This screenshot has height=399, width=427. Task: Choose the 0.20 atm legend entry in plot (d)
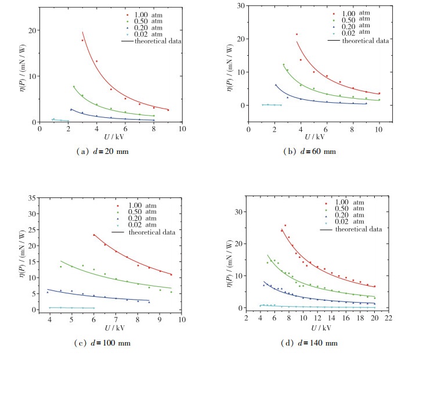pyautogui.click(x=350, y=215)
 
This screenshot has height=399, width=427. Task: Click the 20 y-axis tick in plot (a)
pyautogui.click(x=32, y=30)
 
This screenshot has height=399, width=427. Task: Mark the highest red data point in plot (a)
pyautogui.click(x=82, y=40)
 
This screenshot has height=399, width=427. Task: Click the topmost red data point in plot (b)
pyautogui.click(x=296, y=34)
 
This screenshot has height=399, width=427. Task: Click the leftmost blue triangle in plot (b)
pyautogui.click(x=276, y=85)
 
